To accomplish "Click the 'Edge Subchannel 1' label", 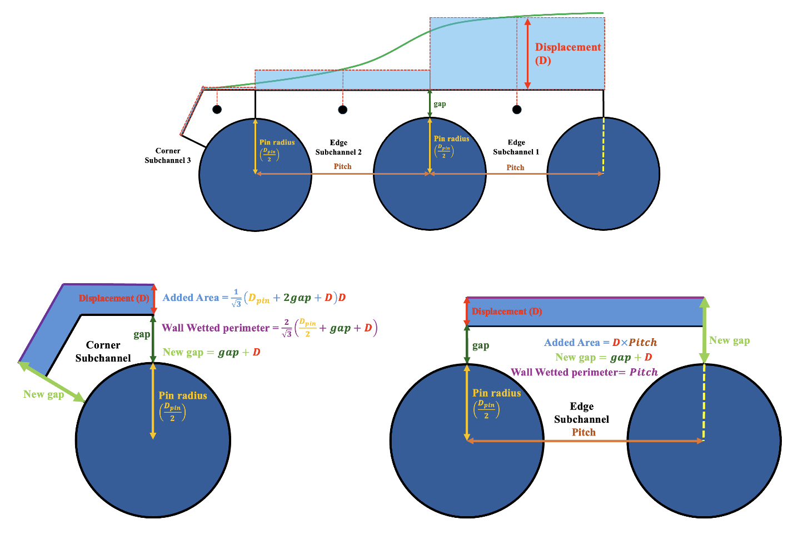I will click(516, 147).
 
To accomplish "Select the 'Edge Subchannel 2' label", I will click(338, 147).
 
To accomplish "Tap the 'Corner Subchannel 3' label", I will click(168, 156).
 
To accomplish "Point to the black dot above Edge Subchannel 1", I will click(517, 110).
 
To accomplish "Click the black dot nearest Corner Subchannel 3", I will click(217, 109).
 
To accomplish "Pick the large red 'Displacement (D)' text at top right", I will click(567, 53).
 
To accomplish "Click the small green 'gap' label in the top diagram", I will click(440, 104).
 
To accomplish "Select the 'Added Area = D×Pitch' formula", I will click(600, 343).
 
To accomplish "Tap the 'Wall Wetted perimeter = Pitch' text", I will click(584, 372).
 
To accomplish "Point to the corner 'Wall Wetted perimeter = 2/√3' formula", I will click(270, 328).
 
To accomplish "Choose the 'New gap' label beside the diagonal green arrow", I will click(43, 394).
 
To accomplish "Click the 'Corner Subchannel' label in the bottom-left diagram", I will click(103, 352).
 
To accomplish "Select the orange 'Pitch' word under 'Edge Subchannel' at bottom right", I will click(583, 432).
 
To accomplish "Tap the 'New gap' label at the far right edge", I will click(729, 340).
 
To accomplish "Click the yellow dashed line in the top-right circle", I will click(604, 146).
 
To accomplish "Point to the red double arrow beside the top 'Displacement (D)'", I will click(528, 53).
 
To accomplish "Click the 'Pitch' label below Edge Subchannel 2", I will click(342, 166).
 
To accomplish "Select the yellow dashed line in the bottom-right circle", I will click(704, 402).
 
